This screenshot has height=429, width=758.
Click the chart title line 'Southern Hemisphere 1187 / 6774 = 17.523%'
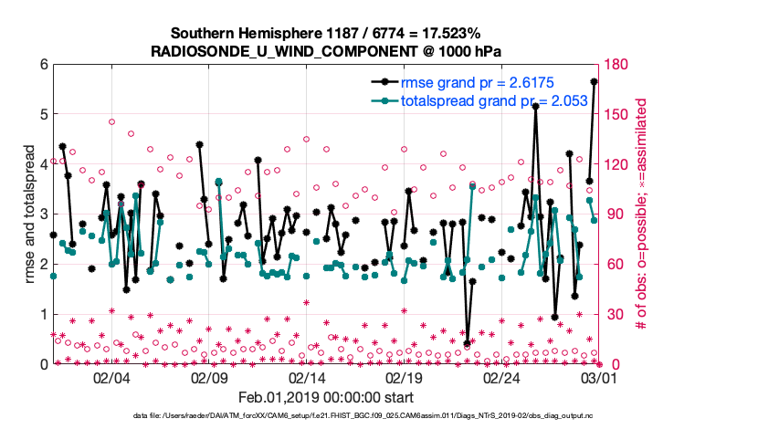[x=324, y=34]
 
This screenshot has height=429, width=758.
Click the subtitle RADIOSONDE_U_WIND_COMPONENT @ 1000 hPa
[x=324, y=51]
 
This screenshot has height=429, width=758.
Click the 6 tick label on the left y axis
[x=42, y=65]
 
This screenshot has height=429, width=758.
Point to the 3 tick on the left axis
[x=42, y=214]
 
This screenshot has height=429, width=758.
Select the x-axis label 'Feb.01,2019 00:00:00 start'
[x=324, y=397]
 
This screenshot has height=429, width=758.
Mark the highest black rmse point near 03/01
[x=595, y=81]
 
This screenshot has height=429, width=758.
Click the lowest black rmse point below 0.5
[x=468, y=343]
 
